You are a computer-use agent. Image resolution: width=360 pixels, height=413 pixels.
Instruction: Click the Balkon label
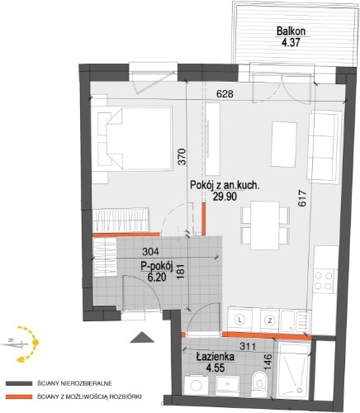pos(291,31)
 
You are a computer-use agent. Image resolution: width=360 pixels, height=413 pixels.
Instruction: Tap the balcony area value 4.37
pos(291,43)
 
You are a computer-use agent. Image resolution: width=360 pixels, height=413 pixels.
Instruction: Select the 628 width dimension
pos(225,94)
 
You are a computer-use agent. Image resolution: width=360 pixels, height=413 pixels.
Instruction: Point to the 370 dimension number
pos(182,157)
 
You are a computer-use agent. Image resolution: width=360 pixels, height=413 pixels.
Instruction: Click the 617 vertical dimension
pos(302,198)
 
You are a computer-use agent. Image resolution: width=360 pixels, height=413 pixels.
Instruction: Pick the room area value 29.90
pos(225,197)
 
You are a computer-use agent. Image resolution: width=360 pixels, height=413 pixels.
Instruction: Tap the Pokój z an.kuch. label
pos(225,185)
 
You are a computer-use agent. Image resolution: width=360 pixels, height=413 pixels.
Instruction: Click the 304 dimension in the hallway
pos(150,251)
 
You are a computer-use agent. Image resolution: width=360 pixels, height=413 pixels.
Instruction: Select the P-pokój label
pos(157,266)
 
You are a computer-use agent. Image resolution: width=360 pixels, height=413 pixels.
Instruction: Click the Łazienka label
pos(216,357)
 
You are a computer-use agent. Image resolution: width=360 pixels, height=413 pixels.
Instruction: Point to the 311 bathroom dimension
pos(248,346)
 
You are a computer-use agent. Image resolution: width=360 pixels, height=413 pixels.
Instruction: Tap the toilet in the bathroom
pos(259,382)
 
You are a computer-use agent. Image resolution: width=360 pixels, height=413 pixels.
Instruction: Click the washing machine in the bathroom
pos(196,386)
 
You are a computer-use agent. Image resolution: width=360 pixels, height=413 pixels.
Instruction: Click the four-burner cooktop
pos(324,281)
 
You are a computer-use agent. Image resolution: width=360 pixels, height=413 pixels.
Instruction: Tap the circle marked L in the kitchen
pos(240,320)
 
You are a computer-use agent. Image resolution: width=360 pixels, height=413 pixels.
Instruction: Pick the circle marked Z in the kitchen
pos(270,320)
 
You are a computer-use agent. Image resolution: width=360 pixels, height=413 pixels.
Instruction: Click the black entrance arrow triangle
pos(142,337)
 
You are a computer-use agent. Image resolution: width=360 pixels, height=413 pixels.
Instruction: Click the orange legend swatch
pos(19,396)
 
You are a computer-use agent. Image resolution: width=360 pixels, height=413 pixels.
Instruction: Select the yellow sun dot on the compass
pos(36,343)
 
